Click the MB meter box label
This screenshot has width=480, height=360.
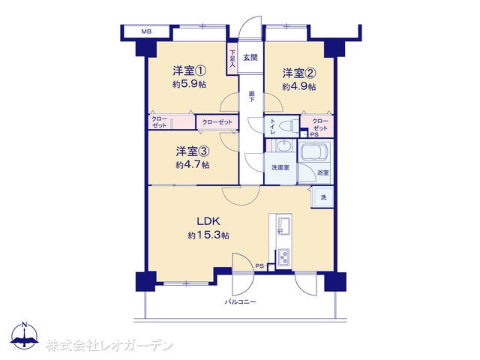click(x=146, y=31)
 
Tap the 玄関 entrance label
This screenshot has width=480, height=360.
click(x=250, y=57)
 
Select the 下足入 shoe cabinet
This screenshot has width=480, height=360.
click(x=232, y=58)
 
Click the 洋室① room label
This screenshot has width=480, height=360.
click(x=189, y=71)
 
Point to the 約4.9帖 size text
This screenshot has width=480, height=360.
click(x=299, y=87)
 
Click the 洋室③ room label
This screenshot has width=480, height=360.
click(x=193, y=151)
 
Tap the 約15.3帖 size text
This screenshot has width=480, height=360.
click(x=208, y=235)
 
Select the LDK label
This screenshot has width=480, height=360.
click(x=208, y=220)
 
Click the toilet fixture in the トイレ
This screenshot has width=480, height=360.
click(x=288, y=126)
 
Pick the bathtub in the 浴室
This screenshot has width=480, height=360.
click(x=315, y=151)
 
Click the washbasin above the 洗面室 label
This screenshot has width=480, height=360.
click(x=285, y=145)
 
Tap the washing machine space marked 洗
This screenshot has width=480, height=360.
click(x=322, y=197)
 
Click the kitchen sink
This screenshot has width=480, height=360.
click(x=283, y=226)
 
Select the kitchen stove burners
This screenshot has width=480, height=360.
click(x=283, y=257)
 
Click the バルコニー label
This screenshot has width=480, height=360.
click(x=240, y=302)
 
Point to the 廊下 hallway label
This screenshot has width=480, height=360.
click(x=251, y=97)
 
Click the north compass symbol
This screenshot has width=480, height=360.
click(x=25, y=336)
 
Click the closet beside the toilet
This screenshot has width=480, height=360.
click(x=317, y=126)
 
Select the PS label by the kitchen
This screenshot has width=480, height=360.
click(x=259, y=266)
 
